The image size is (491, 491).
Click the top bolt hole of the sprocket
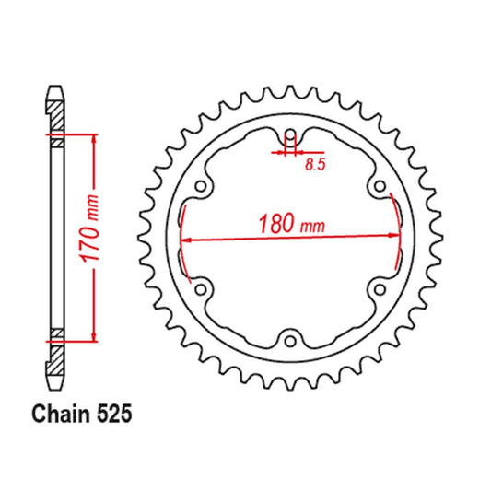point(290,137)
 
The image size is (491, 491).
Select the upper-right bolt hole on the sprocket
point(379,188)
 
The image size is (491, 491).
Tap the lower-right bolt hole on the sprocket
point(379,289)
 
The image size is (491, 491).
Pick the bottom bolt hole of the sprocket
point(290,341)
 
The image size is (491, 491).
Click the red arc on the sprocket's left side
point(182,240)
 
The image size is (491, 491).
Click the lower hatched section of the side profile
point(56,356)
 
